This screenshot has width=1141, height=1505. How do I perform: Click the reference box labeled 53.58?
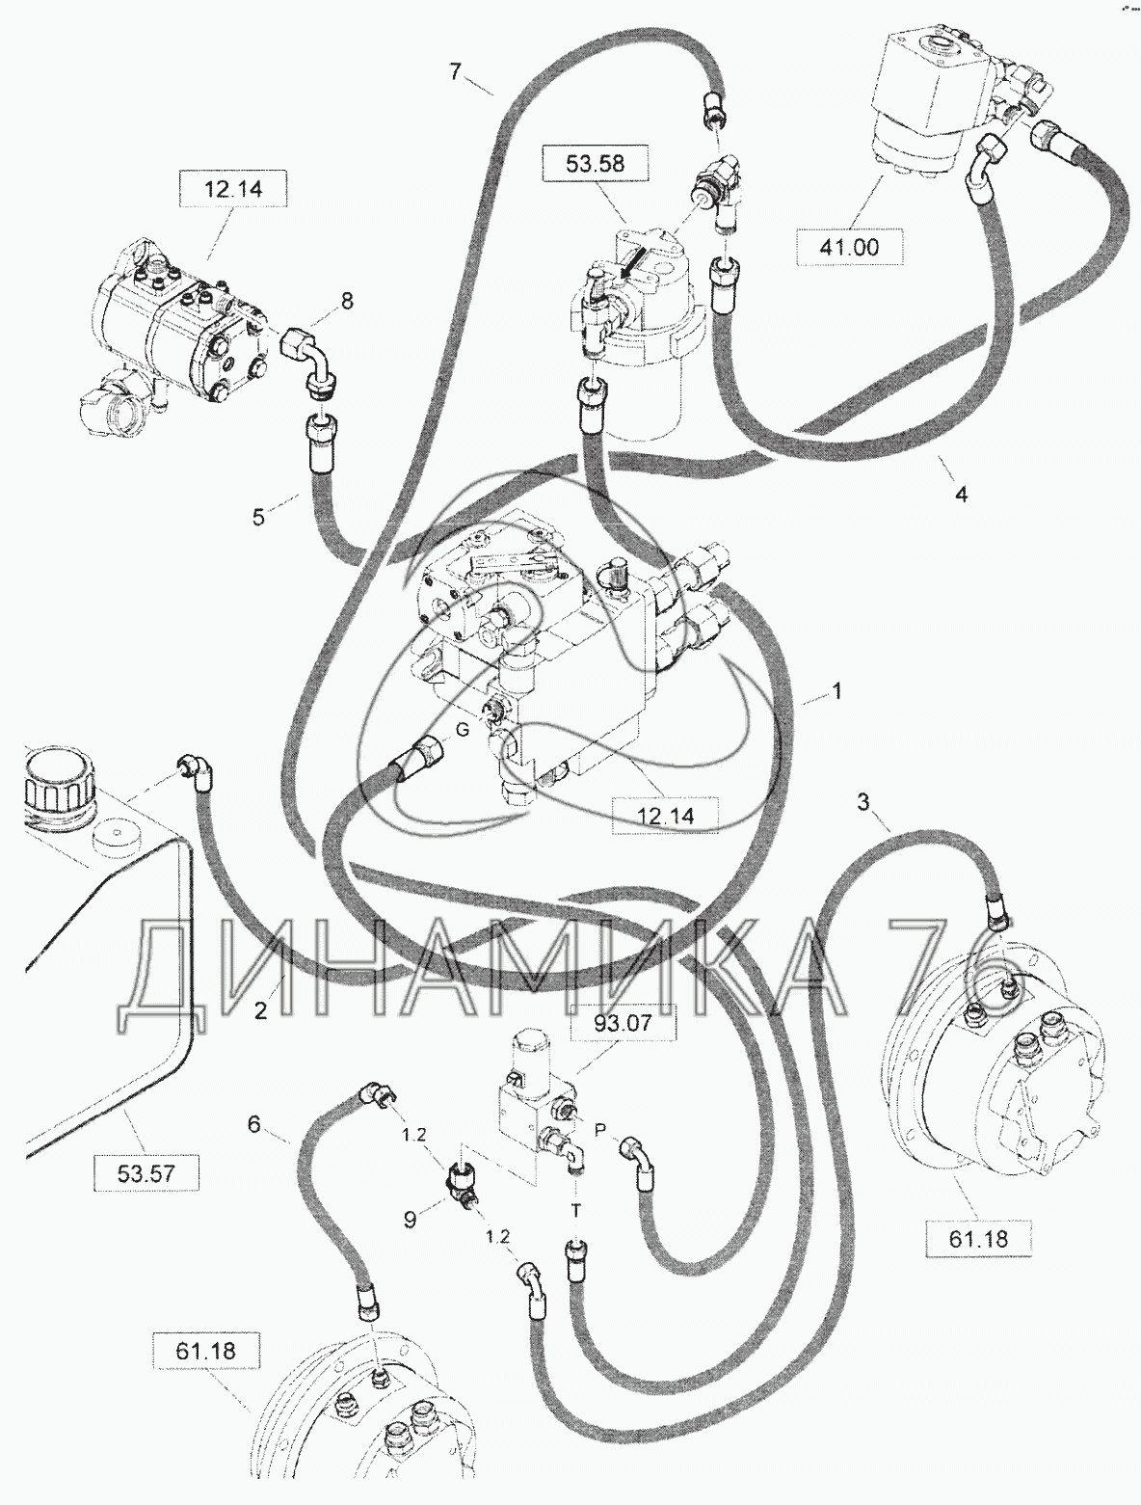(x=595, y=163)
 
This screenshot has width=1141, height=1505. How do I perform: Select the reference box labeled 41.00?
(x=848, y=247)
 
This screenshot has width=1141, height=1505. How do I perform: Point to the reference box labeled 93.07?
(x=624, y=1025)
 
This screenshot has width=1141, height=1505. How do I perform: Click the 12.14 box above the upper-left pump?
(x=232, y=189)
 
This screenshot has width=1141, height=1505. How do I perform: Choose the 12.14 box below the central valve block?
(x=664, y=816)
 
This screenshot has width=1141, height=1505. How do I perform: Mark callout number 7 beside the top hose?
(x=457, y=71)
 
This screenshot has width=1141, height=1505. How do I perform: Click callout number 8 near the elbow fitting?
(x=347, y=301)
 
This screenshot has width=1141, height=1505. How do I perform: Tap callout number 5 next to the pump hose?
(x=258, y=517)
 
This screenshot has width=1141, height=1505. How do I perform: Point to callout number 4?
(x=962, y=494)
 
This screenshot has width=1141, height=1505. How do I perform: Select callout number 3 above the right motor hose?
(x=863, y=802)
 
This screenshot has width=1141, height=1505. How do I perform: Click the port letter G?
(x=463, y=730)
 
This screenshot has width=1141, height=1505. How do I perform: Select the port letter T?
(x=576, y=1212)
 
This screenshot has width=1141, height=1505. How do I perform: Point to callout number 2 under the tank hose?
(x=260, y=1010)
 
